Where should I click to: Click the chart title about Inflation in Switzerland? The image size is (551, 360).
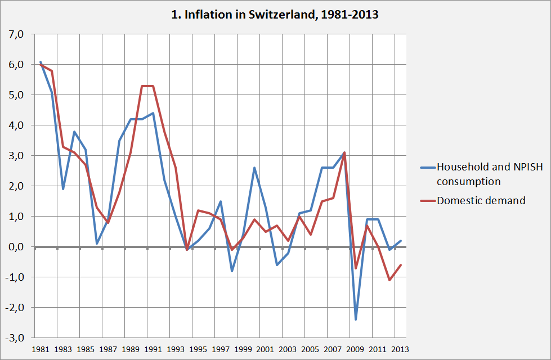pyautogui.click(x=275, y=15)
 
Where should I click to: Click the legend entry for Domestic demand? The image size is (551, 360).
pyautogui.click(x=481, y=200)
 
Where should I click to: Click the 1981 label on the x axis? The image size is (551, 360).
pyautogui.click(x=41, y=349)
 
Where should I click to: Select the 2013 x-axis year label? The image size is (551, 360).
pyautogui.click(x=401, y=349)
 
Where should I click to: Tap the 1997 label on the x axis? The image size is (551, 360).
pyautogui.click(x=221, y=349)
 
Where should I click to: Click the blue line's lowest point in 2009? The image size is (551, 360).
pyautogui.click(x=356, y=319)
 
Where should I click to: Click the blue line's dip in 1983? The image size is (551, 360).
pyautogui.click(x=63, y=189)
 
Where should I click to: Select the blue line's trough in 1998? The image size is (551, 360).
pyautogui.click(x=232, y=271)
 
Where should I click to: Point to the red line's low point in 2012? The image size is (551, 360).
pyautogui.click(x=389, y=280)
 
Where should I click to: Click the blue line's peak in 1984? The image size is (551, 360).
pyautogui.click(x=74, y=132)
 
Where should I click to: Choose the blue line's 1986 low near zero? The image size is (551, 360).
pyautogui.click(x=97, y=244)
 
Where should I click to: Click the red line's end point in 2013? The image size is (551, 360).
pyautogui.click(x=401, y=265)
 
